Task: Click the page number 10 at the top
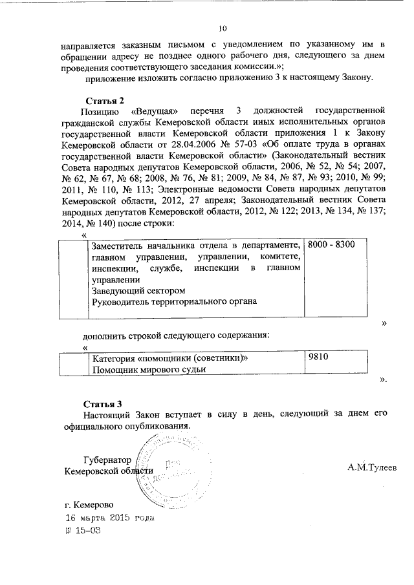(223, 28)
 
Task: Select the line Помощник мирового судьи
(148, 369)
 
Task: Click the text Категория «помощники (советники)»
(169, 357)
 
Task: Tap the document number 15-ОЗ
(88, 529)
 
